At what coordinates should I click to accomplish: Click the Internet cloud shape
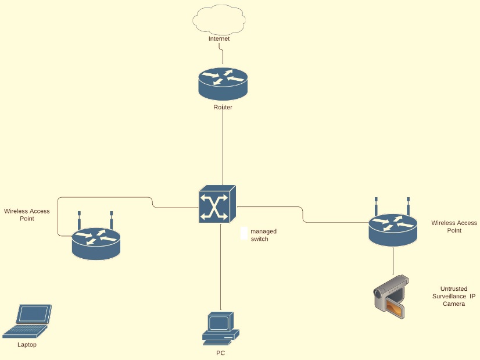coord(218,20)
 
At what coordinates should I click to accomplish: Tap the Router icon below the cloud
coord(223,84)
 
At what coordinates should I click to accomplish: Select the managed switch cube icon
coord(217,204)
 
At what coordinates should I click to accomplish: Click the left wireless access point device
coord(96,241)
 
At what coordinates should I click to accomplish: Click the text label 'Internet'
coord(219,39)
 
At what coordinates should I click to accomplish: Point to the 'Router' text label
coord(223,108)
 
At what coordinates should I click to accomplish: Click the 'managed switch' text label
coord(260,235)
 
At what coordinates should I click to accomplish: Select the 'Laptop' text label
coord(27,345)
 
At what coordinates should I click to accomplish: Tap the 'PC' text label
coord(220,353)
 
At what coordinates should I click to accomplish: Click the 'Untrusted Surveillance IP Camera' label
coord(454,296)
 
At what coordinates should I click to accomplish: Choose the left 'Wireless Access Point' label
coord(27,215)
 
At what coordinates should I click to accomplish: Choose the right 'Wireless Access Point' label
coord(454,226)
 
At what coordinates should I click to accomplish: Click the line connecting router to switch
coord(223,145)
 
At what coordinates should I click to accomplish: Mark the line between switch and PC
coord(221,268)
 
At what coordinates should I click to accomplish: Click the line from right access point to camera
coord(393,260)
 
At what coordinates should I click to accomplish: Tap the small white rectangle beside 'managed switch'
coord(244,233)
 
